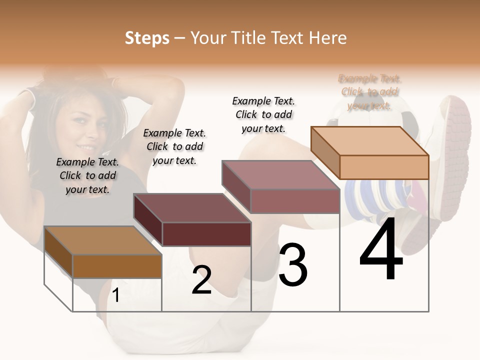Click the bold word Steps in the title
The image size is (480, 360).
point(147,38)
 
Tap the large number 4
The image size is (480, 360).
point(381,250)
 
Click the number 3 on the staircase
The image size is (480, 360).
point(292,265)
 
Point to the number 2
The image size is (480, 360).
point(201,280)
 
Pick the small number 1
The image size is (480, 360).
point(115,295)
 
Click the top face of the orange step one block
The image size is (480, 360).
point(102,240)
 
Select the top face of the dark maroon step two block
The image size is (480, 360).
point(192,208)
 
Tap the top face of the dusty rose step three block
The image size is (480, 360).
point(281,175)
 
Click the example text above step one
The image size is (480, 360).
point(87,175)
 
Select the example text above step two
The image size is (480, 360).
point(174,146)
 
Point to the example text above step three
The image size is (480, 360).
point(263,114)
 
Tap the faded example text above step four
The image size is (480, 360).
point(370,92)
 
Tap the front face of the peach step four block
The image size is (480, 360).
point(384,167)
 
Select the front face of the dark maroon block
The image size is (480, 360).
point(206,234)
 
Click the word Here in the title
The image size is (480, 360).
point(328,38)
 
